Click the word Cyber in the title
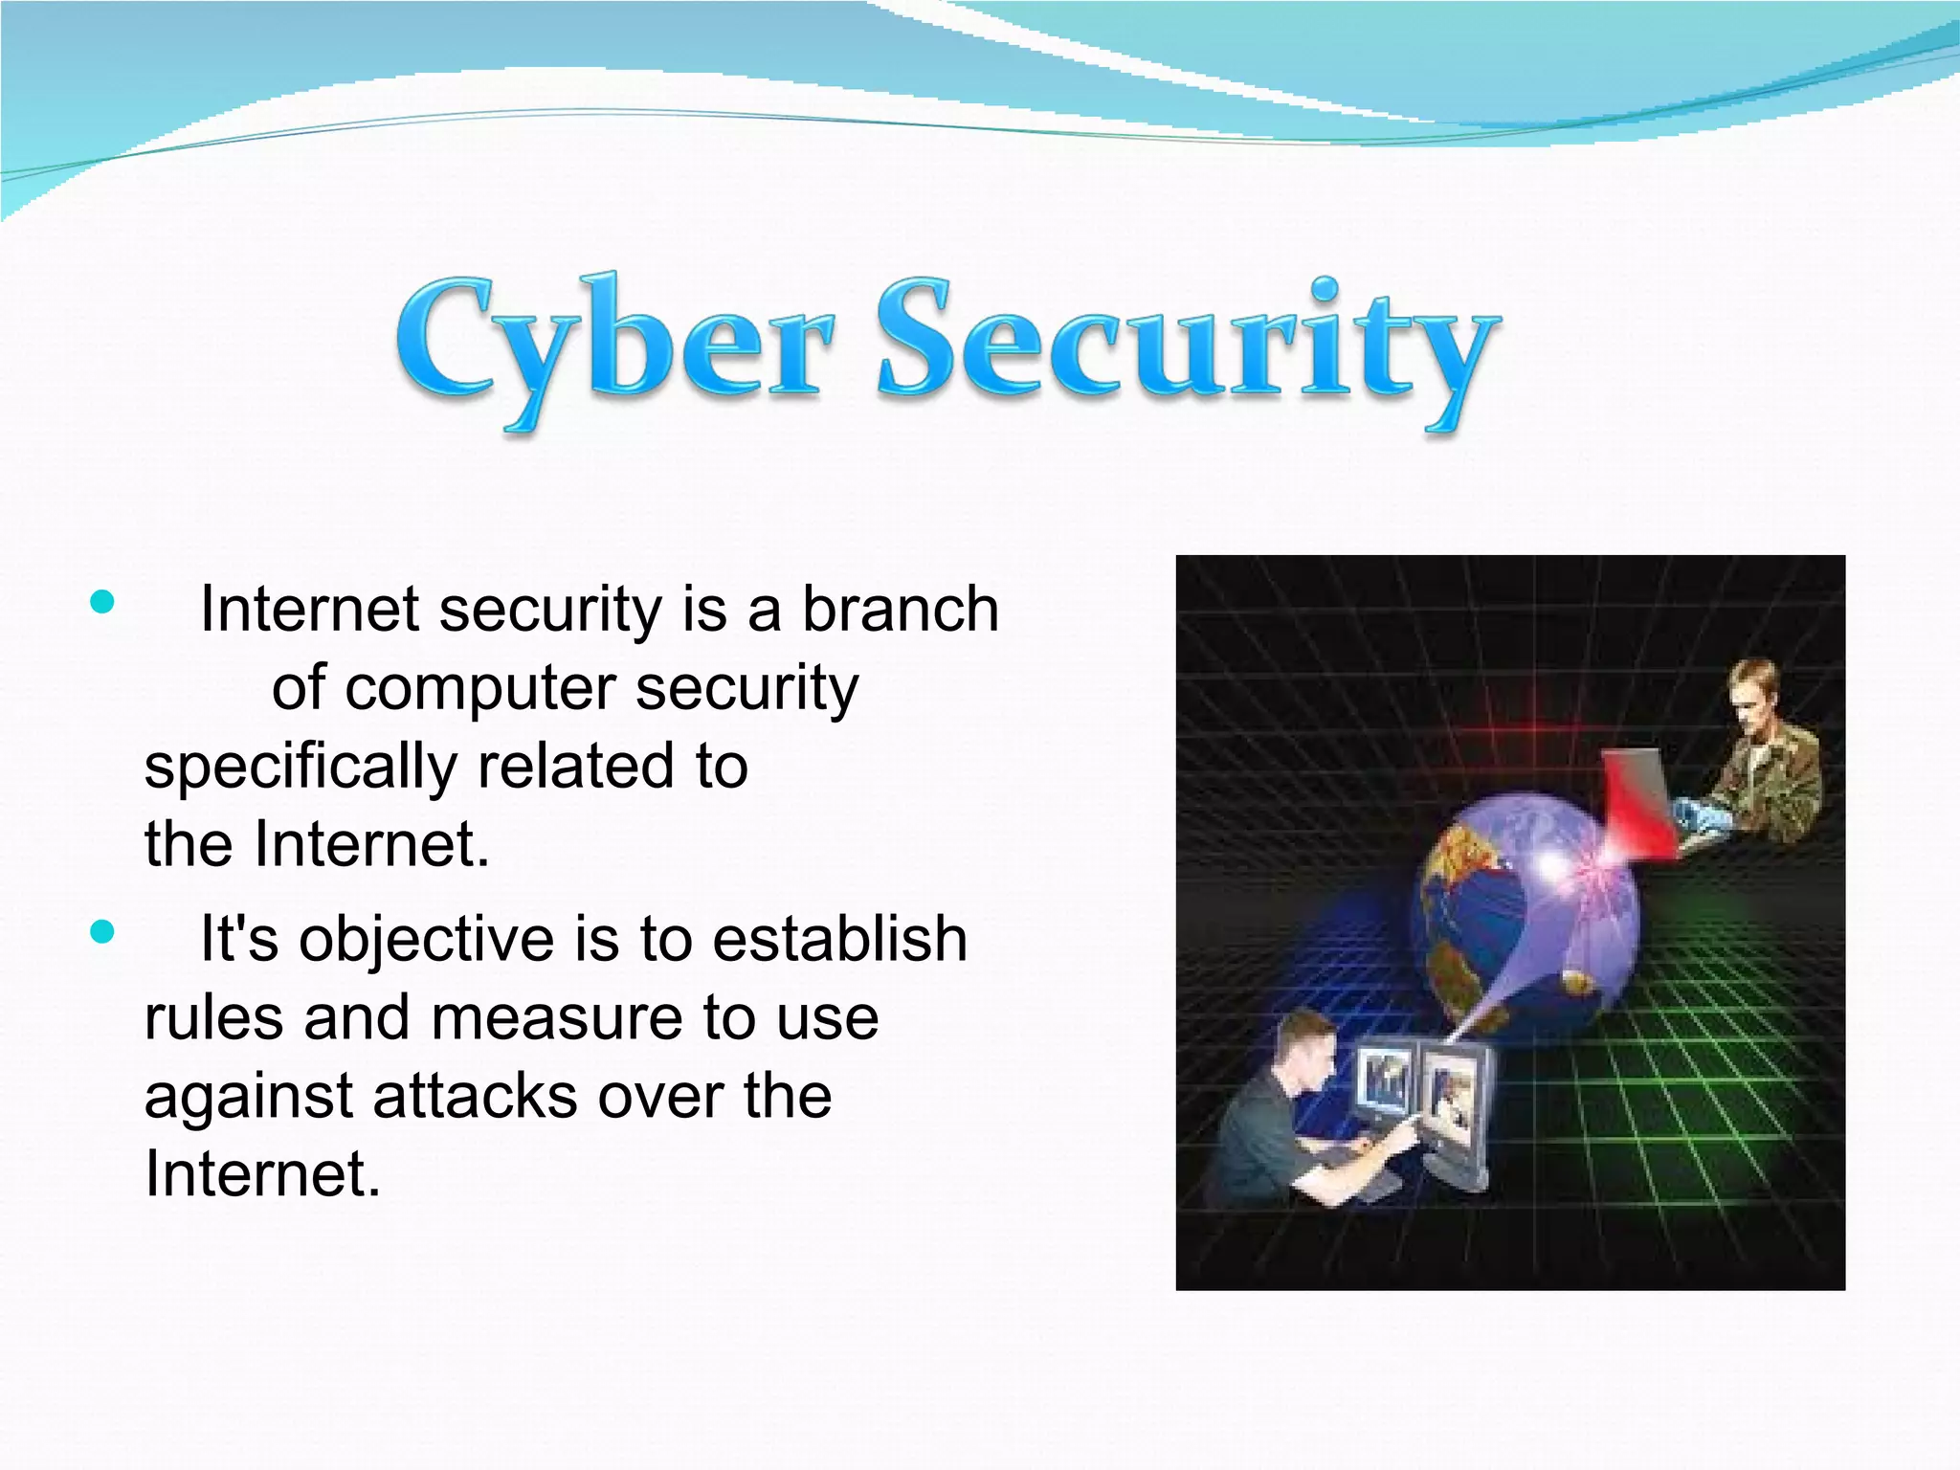pyautogui.click(x=612, y=345)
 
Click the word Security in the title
pyautogui.click(x=1187, y=345)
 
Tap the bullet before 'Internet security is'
pyautogui.click(x=101, y=602)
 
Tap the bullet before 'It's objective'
pyautogui.click(x=101, y=931)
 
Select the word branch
pyautogui.click(x=900, y=609)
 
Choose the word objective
pyautogui.click(x=426, y=939)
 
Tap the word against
pyautogui.click(x=248, y=1098)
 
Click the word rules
pyautogui.click(x=213, y=1017)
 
